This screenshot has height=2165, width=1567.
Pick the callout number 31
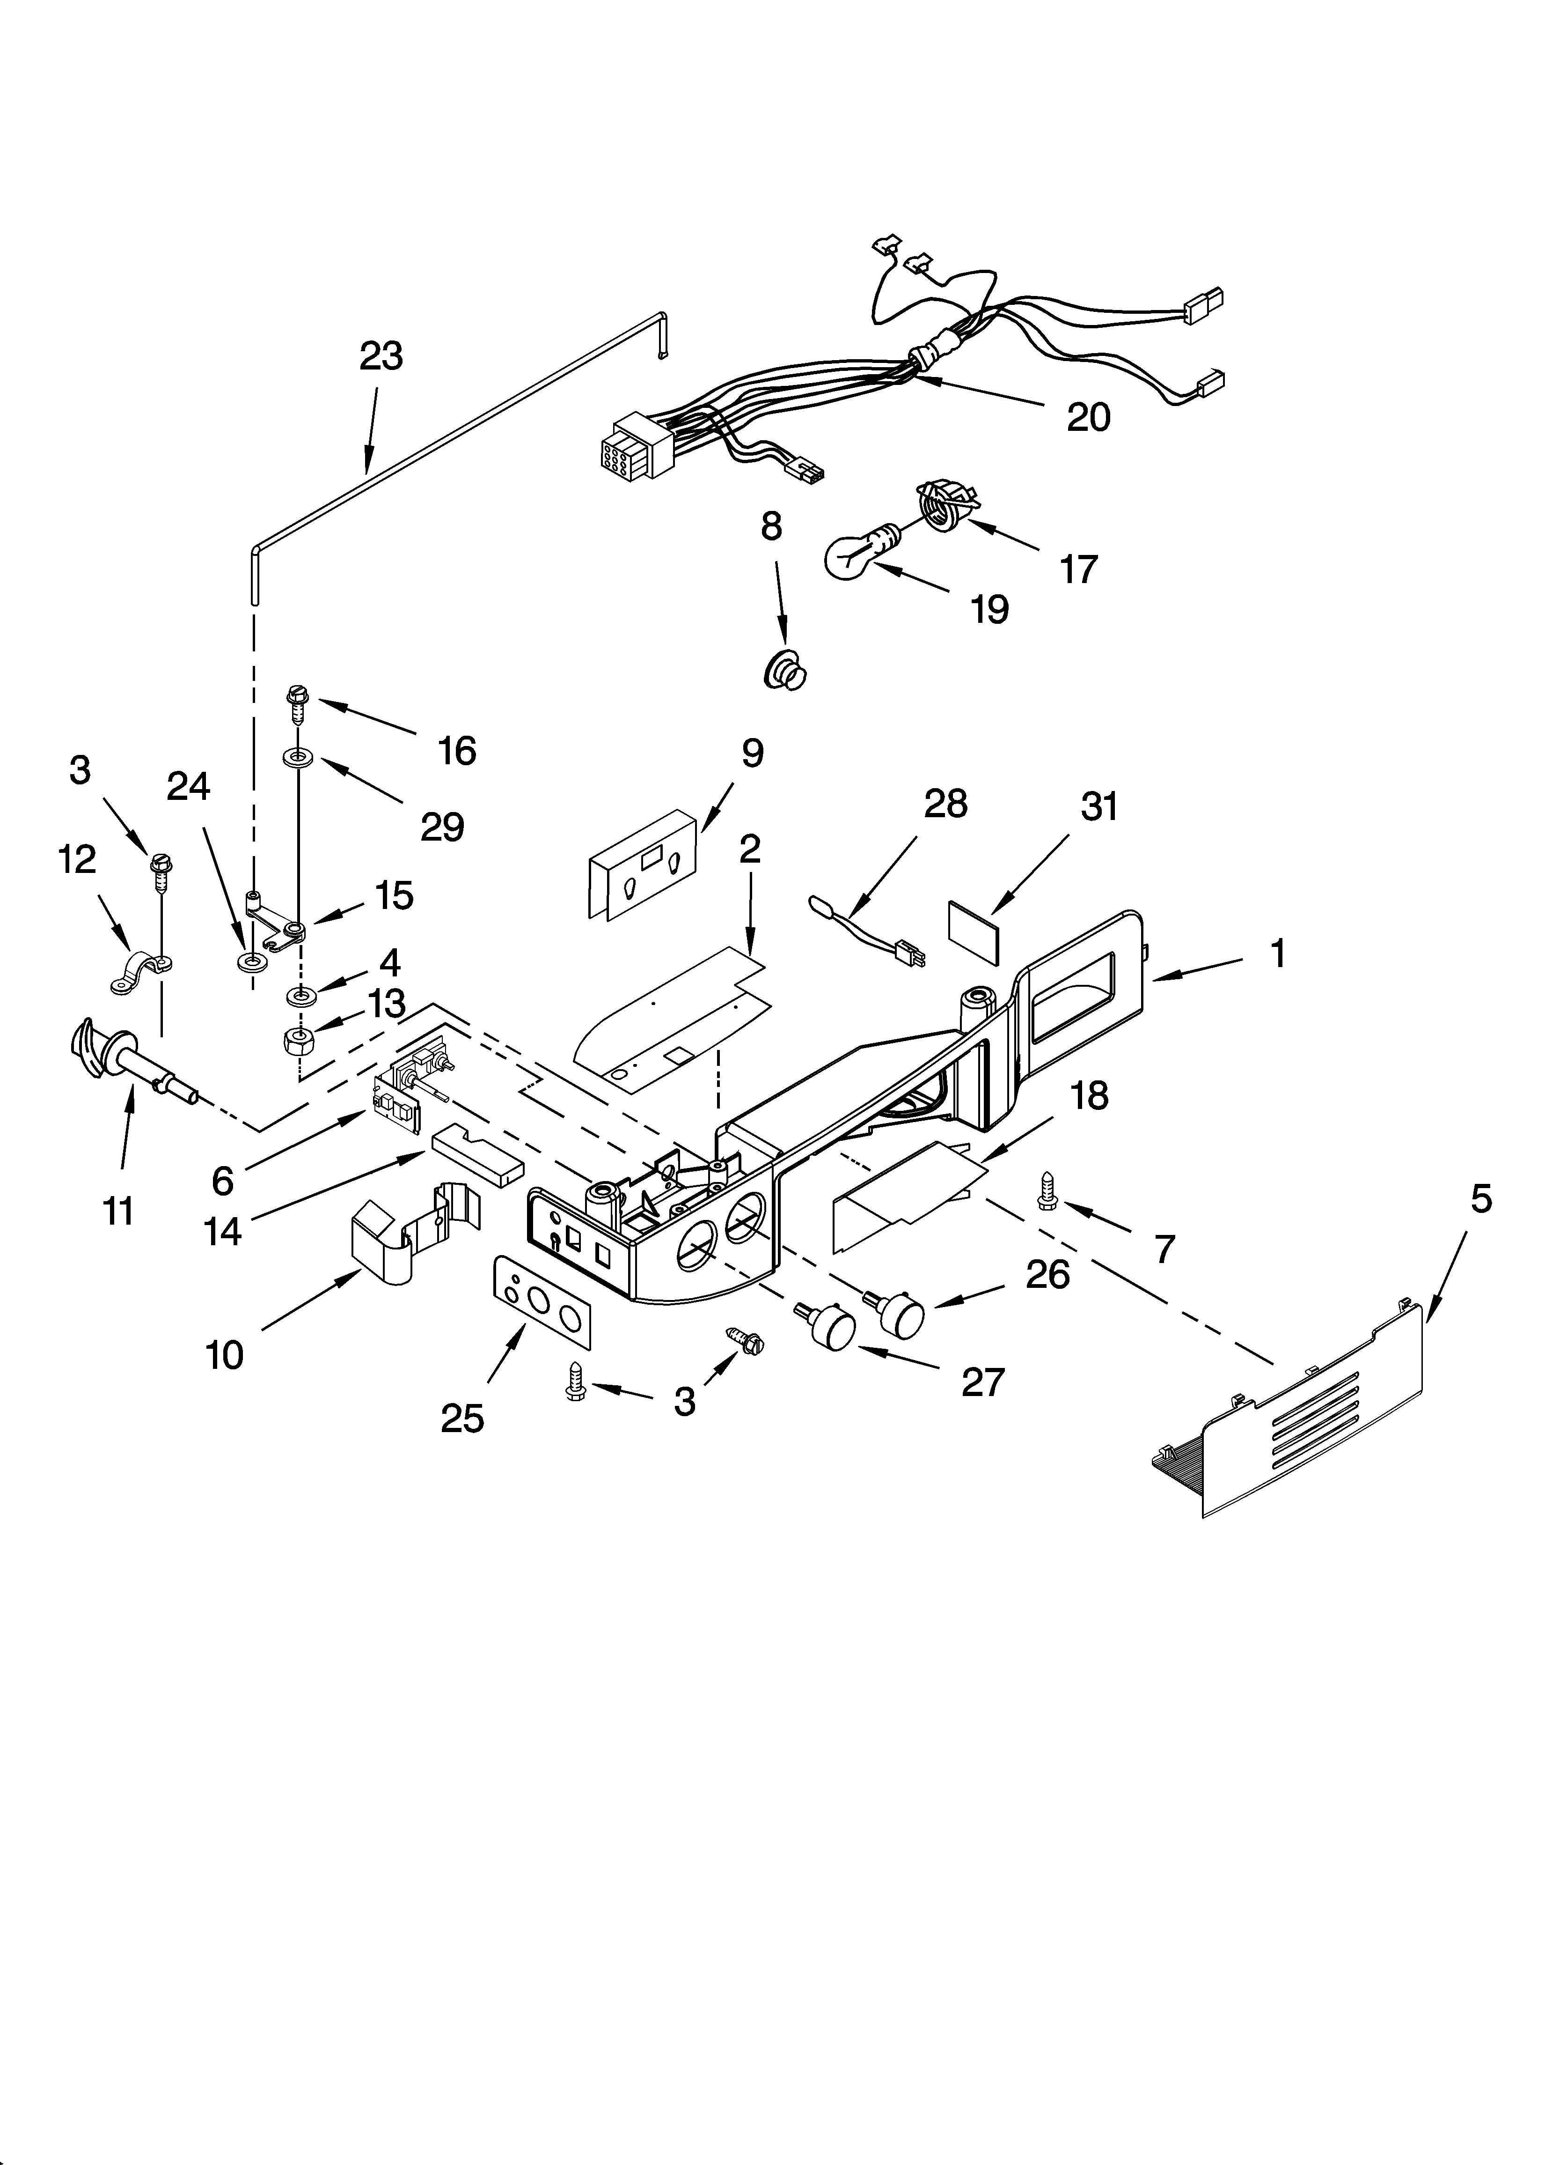click(x=1098, y=806)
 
